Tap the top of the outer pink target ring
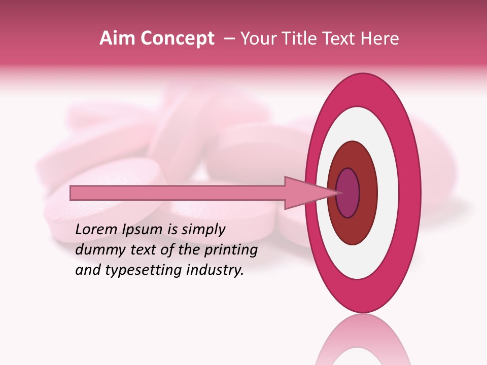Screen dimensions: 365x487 [x=363, y=89]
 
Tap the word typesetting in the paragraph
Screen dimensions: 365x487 [x=140, y=270]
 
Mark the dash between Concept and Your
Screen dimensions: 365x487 [x=229, y=39]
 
